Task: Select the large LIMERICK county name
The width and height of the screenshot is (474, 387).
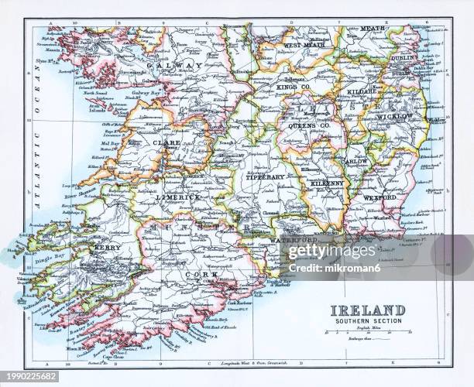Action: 179,198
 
